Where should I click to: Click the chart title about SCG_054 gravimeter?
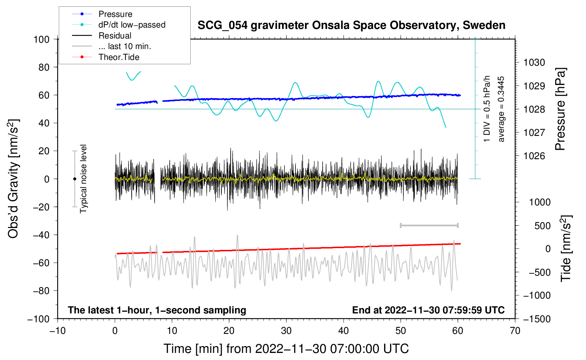351,25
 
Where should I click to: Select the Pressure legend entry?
115,14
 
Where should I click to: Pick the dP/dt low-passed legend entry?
132,25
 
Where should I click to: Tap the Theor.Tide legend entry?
119,57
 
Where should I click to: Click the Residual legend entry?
115,36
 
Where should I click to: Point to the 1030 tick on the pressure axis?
534,62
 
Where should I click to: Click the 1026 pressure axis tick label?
534,156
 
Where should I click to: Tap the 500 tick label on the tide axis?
542,226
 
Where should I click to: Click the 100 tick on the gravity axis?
41,39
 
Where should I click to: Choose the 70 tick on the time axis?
515,331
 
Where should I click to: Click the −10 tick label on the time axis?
58,331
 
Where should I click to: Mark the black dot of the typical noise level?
74,179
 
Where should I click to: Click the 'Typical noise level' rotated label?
83,179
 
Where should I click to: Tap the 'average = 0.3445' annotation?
501,109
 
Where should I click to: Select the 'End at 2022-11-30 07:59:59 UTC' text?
428,310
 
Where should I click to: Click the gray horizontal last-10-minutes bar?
429,226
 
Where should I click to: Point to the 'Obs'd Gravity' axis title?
13,179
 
